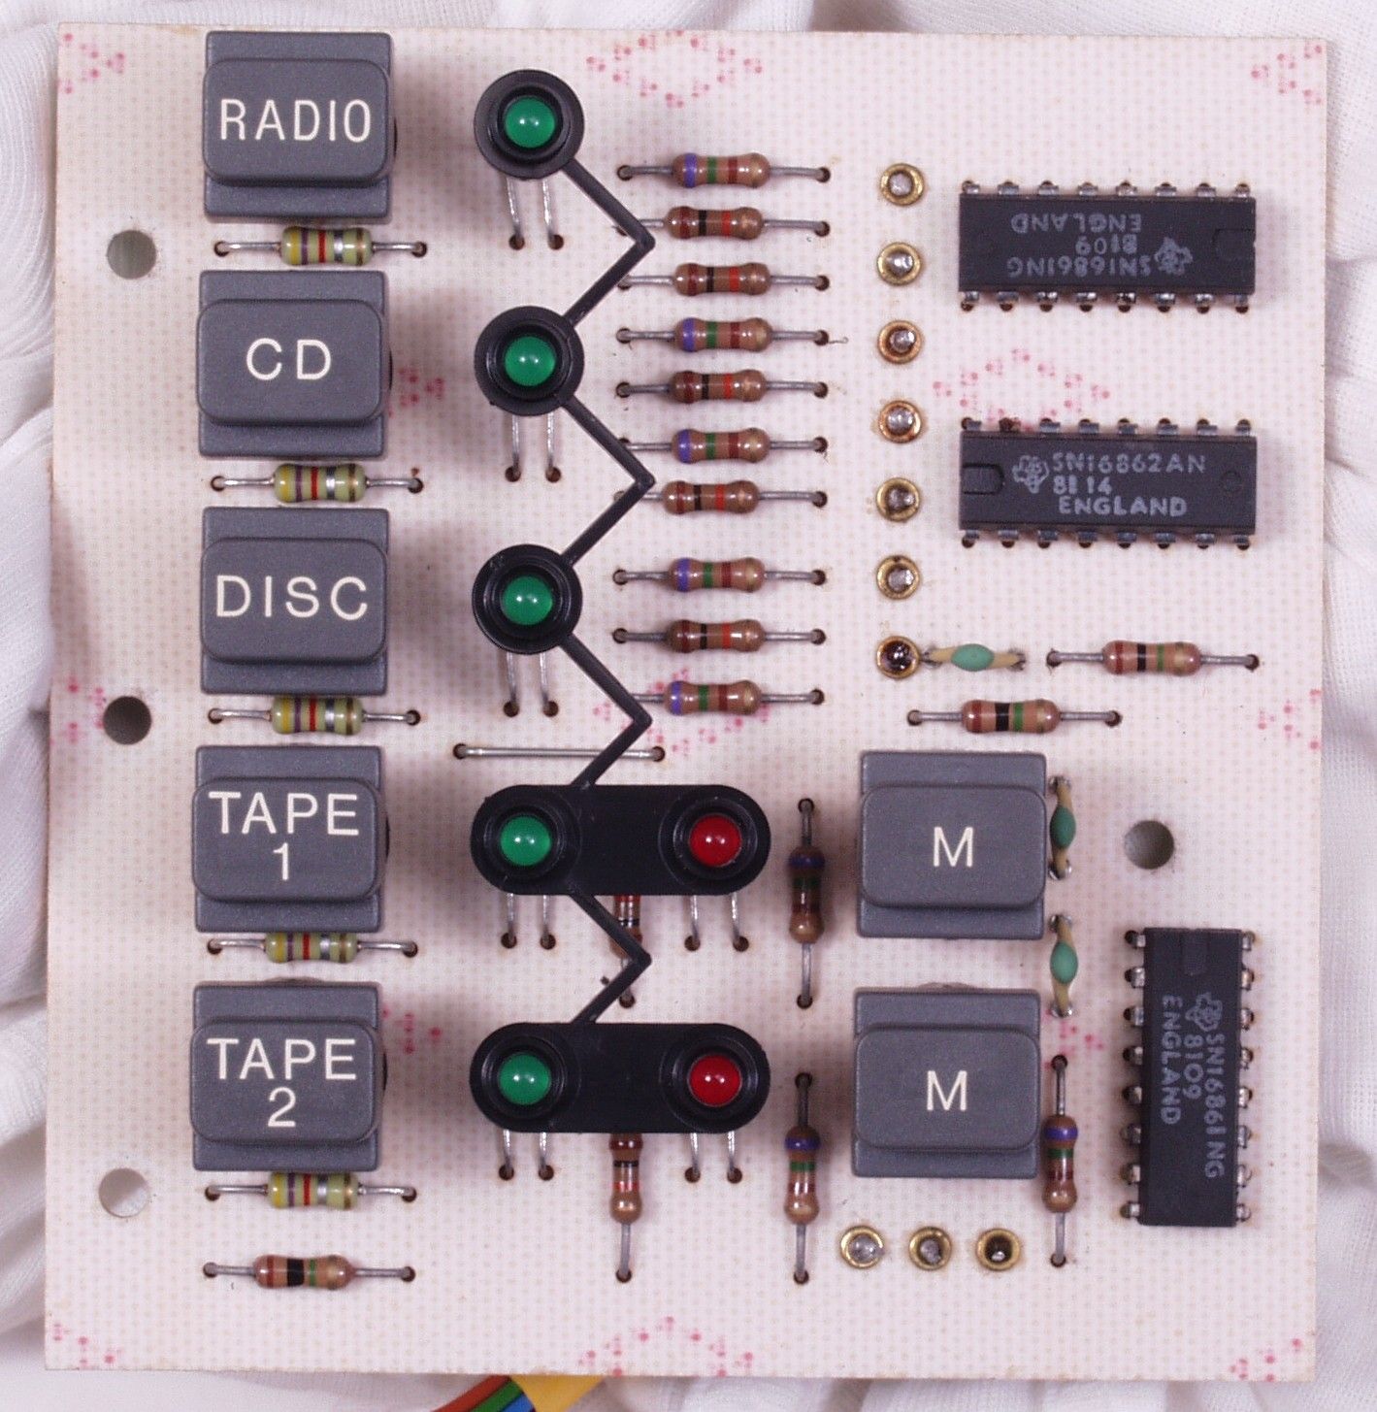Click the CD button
[289, 361]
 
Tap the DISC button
[291, 597]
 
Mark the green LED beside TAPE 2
[521, 1076]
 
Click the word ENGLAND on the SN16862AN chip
[1122, 507]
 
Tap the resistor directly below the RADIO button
[324, 246]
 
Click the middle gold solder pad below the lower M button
[929, 1248]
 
